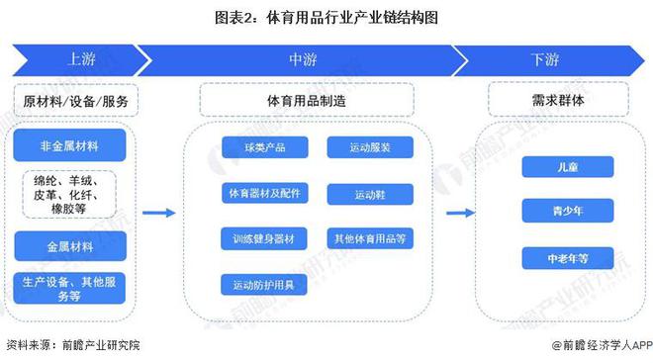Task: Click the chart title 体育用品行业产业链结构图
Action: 326,17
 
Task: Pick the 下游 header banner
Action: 544,59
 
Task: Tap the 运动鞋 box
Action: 370,193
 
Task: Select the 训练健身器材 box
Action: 264,238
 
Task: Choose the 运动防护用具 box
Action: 264,285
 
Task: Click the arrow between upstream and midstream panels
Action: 158,212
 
